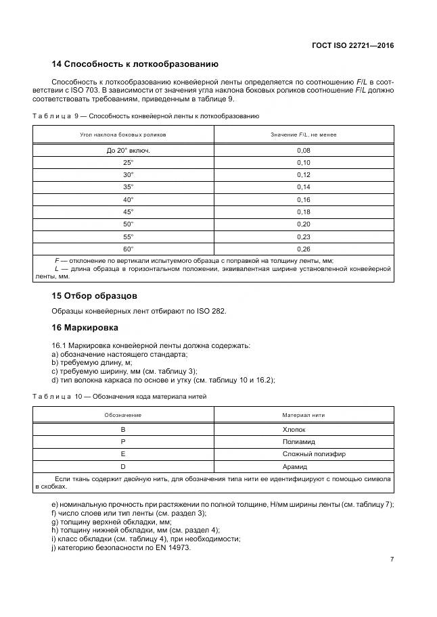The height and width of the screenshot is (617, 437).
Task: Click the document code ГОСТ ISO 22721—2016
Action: [352, 45]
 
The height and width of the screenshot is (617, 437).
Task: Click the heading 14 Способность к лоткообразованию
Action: [135, 64]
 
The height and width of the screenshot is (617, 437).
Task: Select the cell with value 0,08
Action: [303, 150]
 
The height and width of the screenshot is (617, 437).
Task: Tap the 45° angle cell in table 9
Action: [128, 212]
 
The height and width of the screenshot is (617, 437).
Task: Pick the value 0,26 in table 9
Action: [303, 248]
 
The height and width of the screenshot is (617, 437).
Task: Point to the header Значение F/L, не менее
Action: [303, 134]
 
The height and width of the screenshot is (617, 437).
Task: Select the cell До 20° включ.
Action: [128, 150]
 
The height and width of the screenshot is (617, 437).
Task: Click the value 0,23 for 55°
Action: [303, 236]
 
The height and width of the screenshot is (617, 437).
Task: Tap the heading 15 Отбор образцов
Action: [94, 296]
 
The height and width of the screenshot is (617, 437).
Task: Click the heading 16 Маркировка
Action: [85, 328]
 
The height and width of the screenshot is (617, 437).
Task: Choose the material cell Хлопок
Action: [294, 429]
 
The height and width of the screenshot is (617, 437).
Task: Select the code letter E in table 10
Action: [122, 454]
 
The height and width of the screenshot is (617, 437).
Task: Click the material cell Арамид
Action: [294, 466]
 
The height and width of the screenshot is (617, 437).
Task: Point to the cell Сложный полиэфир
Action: [294, 454]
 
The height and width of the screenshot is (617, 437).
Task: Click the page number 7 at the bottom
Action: [392, 559]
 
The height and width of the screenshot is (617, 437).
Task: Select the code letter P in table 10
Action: [122, 441]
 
